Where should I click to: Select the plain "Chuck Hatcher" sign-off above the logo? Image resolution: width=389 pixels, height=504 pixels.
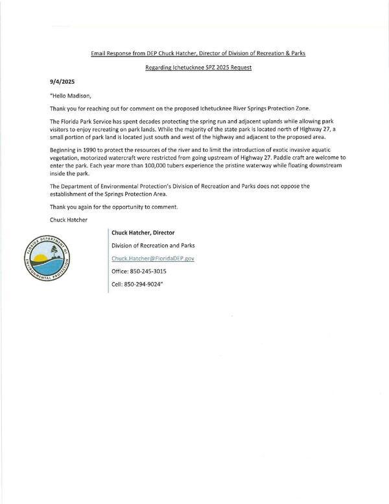[x=67, y=219]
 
